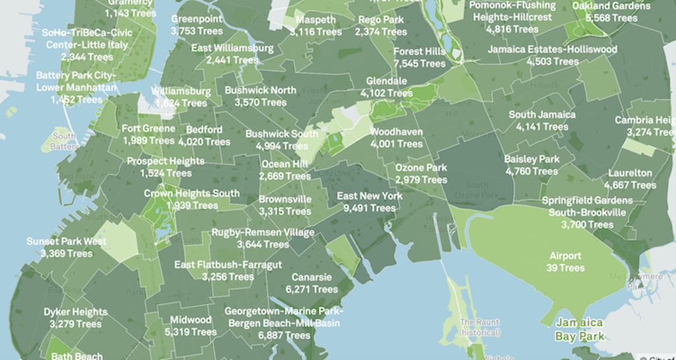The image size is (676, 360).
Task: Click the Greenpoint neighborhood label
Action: click(x=196, y=19)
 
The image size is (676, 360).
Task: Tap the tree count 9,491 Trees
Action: click(x=369, y=208)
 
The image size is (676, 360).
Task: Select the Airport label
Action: click(x=566, y=256)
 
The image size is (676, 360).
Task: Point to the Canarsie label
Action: click(x=312, y=277)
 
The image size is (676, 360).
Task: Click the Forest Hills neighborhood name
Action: click(x=419, y=52)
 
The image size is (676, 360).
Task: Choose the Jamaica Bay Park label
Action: click(x=579, y=328)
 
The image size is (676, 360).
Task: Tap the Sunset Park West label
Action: click(x=66, y=242)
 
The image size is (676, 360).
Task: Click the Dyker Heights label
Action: click(x=75, y=312)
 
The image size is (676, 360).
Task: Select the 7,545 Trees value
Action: click(x=419, y=63)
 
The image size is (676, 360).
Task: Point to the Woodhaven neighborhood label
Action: click(x=397, y=132)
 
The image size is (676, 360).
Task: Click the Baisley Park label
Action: click(x=531, y=159)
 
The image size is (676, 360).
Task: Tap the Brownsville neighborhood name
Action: click(x=285, y=199)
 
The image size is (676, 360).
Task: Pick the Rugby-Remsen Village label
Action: click(x=263, y=233)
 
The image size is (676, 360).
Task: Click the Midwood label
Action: click(x=191, y=320)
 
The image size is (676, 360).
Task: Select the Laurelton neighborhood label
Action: click(x=630, y=174)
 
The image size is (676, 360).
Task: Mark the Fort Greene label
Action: click(x=149, y=129)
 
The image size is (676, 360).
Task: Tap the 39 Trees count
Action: click(x=566, y=268)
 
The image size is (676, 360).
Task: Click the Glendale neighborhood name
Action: click(x=386, y=81)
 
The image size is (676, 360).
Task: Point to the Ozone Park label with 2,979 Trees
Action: click(x=421, y=168)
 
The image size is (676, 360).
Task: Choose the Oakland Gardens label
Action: click(x=611, y=6)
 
